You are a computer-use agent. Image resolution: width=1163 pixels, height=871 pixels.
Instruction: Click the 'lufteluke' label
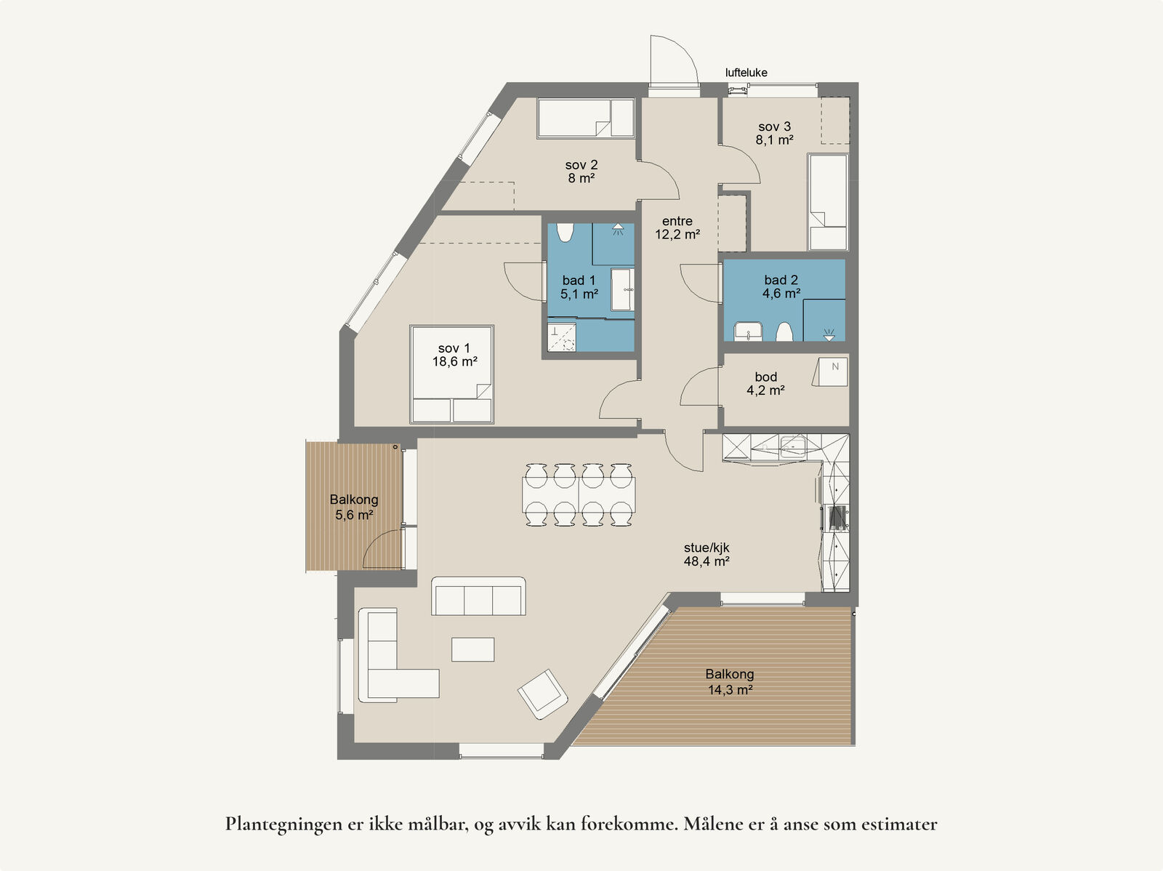(x=746, y=73)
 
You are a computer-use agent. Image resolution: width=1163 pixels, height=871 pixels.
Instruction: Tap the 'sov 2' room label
(x=581, y=165)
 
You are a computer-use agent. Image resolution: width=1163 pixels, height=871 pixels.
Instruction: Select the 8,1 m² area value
(x=774, y=140)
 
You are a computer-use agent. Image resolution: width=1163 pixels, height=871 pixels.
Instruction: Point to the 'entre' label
(x=677, y=221)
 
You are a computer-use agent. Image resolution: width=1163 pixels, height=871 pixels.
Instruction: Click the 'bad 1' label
(x=579, y=280)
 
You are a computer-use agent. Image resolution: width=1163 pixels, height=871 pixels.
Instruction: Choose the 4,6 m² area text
(x=781, y=293)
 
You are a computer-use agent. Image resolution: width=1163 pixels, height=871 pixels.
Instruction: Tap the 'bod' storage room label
(x=765, y=377)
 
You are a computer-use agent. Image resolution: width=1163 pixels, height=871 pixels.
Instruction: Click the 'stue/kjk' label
(x=707, y=547)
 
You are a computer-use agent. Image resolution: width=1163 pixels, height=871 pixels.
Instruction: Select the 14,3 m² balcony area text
(x=730, y=689)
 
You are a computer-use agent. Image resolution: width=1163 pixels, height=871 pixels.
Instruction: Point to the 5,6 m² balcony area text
(x=354, y=514)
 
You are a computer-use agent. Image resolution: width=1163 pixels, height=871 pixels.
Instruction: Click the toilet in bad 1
(x=566, y=232)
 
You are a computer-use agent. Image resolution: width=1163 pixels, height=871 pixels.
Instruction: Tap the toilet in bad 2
(x=784, y=332)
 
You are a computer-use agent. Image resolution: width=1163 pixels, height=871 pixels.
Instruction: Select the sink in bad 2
(x=748, y=332)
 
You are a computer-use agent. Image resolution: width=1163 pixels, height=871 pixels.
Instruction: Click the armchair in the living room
(x=543, y=694)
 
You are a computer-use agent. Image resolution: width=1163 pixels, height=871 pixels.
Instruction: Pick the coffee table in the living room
(x=472, y=649)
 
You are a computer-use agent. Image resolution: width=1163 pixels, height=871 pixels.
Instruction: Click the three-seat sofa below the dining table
(x=478, y=596)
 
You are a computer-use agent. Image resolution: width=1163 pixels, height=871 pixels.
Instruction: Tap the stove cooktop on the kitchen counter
(x=837, y=518)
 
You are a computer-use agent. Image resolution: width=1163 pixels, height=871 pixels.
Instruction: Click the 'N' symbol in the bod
(x=835, y=366)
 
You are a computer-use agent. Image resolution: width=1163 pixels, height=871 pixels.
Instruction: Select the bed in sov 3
(x=828, y=202)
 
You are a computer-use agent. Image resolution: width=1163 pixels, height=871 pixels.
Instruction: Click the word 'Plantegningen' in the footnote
(x=283, y=824)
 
